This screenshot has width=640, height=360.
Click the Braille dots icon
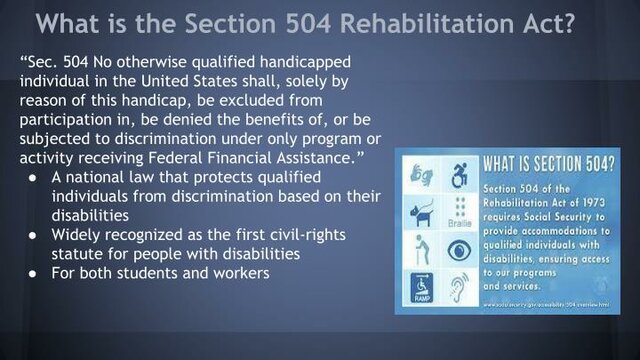coord(461,214)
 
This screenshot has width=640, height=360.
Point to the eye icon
coord(461,251)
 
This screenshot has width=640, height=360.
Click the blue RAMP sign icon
coord(421,289)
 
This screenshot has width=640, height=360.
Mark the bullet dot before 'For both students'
coord(33,271)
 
